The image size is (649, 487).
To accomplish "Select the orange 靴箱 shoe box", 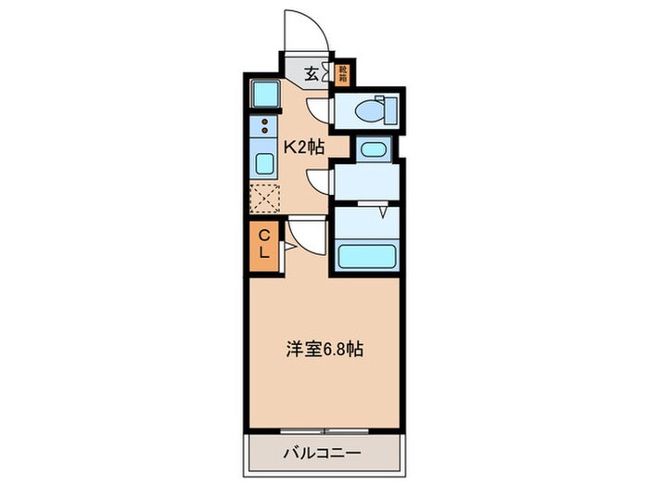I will pyautogui.click(x=342, y=72).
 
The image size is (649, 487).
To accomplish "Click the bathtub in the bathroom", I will pyautogui.click(x=368, y=255).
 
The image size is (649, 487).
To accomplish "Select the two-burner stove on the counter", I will pyautogui.click(x=265, y=129).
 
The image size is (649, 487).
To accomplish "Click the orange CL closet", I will pyautogui.click(x=263, y=244).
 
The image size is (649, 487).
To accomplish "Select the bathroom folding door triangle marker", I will pyautogui.click(x=382, y=212).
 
